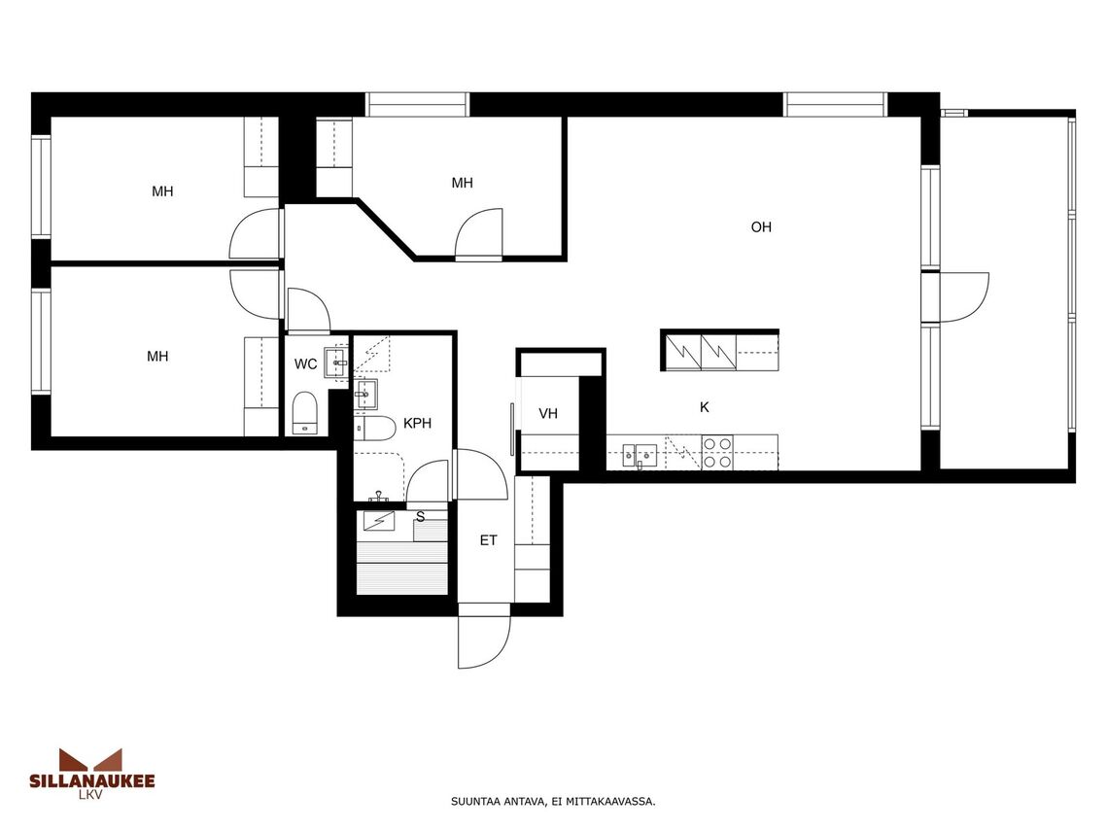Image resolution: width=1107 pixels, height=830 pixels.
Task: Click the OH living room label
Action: click(761, 227)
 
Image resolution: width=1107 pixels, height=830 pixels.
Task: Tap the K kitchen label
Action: click(704, 407)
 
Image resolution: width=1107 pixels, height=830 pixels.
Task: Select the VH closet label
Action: click(548, 414)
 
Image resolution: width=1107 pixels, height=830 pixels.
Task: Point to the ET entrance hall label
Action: click(489, 540)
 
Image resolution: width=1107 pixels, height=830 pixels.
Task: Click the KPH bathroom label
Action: click(417, 424)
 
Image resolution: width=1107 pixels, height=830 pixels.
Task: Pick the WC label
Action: click(306, 364)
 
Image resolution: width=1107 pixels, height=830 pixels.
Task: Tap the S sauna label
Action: click(421, 517)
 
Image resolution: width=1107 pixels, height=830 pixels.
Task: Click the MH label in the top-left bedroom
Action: click(162, 191)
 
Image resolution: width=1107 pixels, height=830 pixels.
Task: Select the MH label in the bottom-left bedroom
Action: click(157, 357)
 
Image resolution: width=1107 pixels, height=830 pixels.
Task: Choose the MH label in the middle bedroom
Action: click(463, 183)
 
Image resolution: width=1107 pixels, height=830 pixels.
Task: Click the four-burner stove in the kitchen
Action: click(716, 452)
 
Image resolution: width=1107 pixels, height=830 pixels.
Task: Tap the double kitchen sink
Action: click(640, 456)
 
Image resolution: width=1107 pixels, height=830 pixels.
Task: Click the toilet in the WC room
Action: click(305, 412)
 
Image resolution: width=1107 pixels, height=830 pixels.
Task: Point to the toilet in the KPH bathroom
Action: click(375, 429)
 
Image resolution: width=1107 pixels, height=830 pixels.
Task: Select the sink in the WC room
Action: click(335, 363)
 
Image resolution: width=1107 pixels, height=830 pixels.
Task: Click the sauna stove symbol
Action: click(378, 521)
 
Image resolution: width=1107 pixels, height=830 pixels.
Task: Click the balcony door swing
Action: click(965, 297)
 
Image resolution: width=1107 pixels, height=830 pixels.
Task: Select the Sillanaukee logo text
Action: click(91, 780)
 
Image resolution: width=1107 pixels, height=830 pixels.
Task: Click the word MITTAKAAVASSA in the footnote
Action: click(620, 802)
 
